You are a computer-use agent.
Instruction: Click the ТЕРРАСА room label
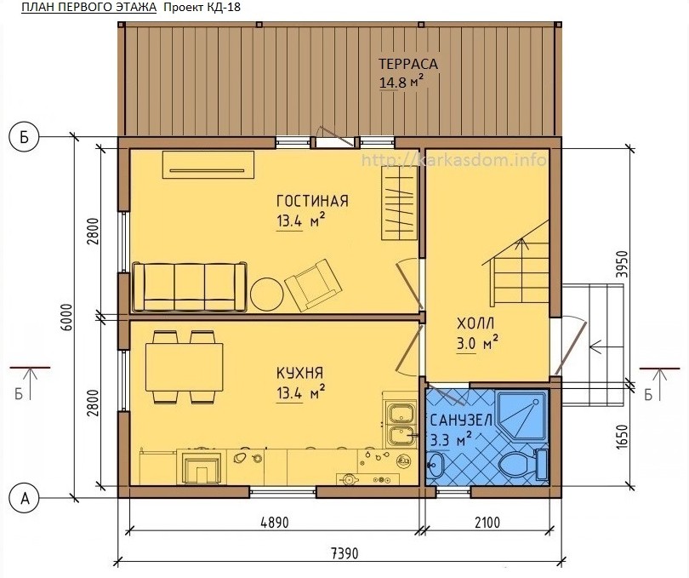(x=408, y=64)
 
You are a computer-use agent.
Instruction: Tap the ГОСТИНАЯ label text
(x=312, y=201)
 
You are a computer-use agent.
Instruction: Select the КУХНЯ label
(x=299, y=373)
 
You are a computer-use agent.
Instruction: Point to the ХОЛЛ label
(x=475, y=323)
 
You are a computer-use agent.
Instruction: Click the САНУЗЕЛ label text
(x=461, y=421)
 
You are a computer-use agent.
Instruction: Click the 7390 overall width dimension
(x=344, y=553)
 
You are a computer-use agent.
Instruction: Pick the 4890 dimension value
(x=275, y=523)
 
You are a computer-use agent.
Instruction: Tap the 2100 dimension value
(x=487, y=523)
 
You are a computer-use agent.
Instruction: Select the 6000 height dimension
(x=67, y=318)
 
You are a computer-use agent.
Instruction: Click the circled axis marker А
(x=25, y=498)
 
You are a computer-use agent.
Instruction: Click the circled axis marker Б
(x=25, y=137)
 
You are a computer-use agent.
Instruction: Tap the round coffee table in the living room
(x=267, y=295)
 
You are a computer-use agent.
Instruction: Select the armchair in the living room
(x=313, y=285)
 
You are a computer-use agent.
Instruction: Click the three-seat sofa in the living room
(x=190, y=287)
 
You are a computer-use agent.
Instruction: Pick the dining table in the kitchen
(x=184, y=367)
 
